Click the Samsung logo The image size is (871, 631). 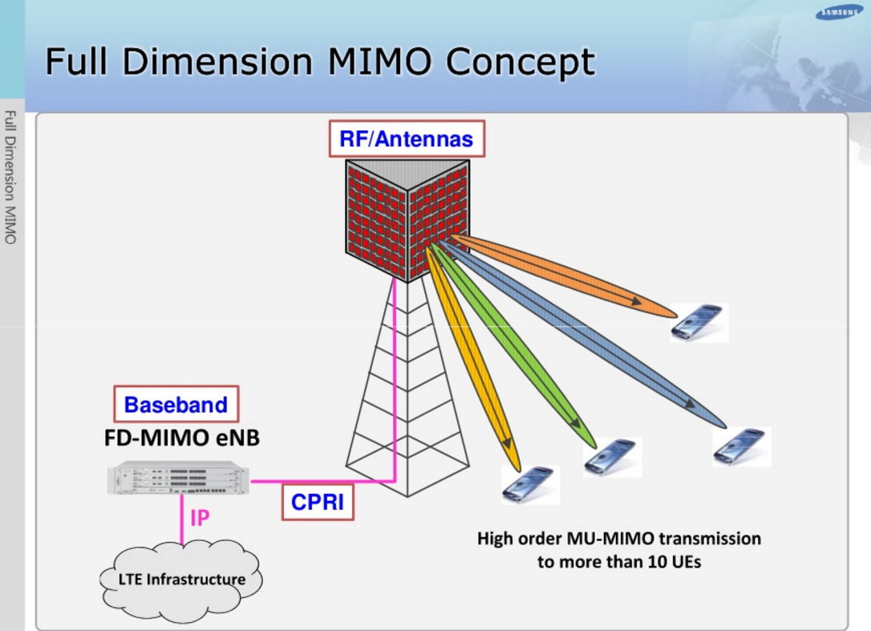tap(838, 12)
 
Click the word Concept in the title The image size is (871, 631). tap(520, 63)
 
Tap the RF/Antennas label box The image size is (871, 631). tap(407, 139)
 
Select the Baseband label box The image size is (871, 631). tap(176, 404)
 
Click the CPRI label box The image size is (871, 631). tap(318, 502)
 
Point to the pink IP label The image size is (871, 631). tap(200, 518)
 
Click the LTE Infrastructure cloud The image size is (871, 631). tap(181, 580)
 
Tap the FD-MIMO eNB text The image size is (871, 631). tap(181, 438)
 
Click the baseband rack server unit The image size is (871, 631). tap(178, 478)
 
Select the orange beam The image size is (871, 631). tap(564, 276)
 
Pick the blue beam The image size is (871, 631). tap(581, 334)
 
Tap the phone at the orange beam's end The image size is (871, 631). tap(699, 323)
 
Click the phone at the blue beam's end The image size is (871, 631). tap(742, 447)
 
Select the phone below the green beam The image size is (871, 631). tap(613, 457)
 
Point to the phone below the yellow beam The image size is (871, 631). tap(530, 485)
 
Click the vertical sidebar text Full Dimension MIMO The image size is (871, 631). tap(10, 177)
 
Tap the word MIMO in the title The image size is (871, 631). tap(379, 62)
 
